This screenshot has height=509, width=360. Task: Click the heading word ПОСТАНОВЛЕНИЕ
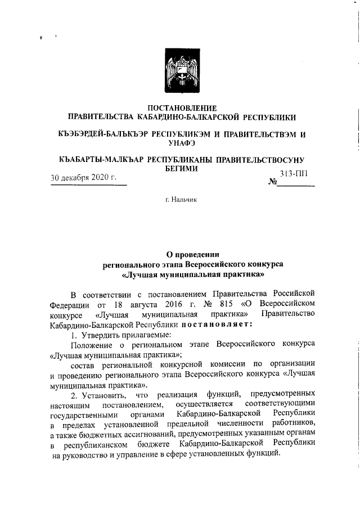click(180, 107)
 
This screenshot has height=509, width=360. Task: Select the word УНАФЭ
click(180, 144)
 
